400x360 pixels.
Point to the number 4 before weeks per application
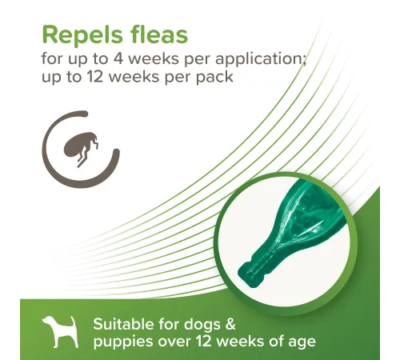click(118, 58)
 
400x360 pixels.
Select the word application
click(261, 60)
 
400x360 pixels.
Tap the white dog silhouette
click(60, 332)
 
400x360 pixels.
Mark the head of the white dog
click(48, 322)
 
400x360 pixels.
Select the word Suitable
click(123, 324)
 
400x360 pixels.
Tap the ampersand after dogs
click(230, 325)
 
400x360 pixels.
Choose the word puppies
click(123, 342)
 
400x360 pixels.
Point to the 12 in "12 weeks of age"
click(204, 342)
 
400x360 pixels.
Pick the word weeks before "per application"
click(154, 58)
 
